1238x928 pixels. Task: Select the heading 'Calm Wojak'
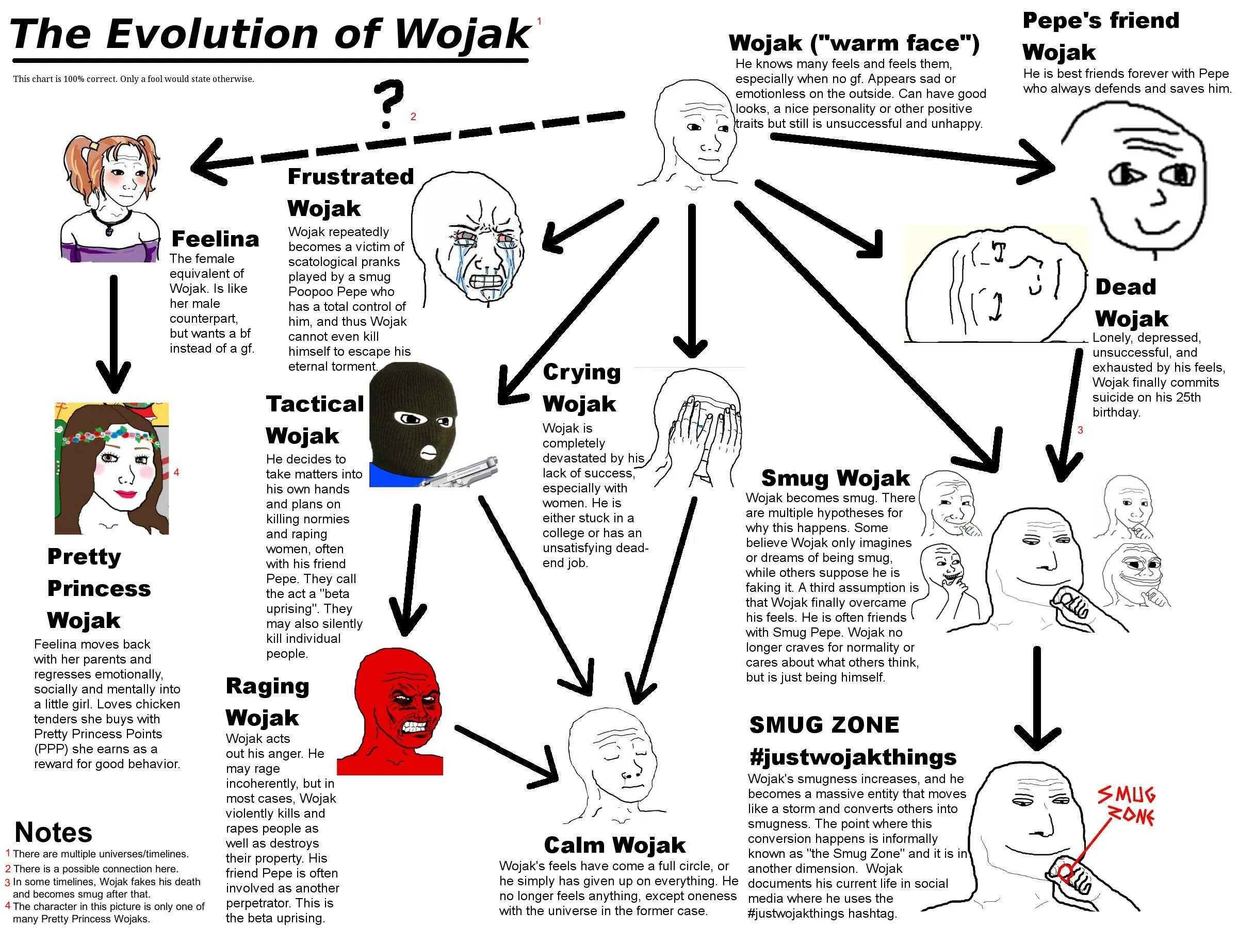click(x=614, y=844)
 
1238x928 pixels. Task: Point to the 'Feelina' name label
click(x=215, y=239)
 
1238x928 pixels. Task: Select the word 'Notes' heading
click(x=53, y=832)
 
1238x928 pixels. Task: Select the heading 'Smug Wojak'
click(x=835, y=478)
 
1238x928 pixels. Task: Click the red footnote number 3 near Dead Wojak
click(x=1080, y=429)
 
